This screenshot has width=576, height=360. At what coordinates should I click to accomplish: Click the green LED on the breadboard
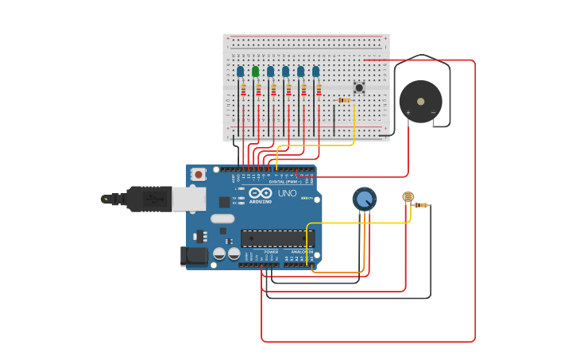[255, 72]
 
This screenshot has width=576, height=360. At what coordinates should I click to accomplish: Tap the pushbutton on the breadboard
[359, 87]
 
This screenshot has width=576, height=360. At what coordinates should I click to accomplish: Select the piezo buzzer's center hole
[420, 101]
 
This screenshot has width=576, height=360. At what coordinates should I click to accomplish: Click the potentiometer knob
[364, 199]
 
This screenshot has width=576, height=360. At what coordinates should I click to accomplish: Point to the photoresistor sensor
[408, 196]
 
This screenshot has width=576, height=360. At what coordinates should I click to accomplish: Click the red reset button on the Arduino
[198, 173]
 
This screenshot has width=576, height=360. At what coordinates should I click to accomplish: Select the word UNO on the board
[287, 193]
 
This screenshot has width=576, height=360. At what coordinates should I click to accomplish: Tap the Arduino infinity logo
[260, 192]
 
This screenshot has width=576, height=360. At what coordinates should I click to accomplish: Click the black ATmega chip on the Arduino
[277, 238]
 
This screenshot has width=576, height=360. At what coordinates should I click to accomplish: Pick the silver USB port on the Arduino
[189, 199]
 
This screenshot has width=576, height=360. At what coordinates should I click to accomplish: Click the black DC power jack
[192, 255]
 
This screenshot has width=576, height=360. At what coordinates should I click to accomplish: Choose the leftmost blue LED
[240, 72]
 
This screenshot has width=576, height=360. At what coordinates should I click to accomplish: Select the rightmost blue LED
[315, 72]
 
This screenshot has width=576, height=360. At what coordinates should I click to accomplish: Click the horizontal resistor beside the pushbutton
[343, 100]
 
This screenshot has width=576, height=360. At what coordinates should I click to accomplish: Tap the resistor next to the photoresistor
[421, 205]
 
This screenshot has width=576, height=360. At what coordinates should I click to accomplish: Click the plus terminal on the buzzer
[408, 113]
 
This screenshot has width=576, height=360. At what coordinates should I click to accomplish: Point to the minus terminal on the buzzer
[433, 113]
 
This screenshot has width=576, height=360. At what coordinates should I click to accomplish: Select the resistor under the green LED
[258, 90]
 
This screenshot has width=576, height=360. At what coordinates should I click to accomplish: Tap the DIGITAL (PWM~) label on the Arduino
[284, 181]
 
